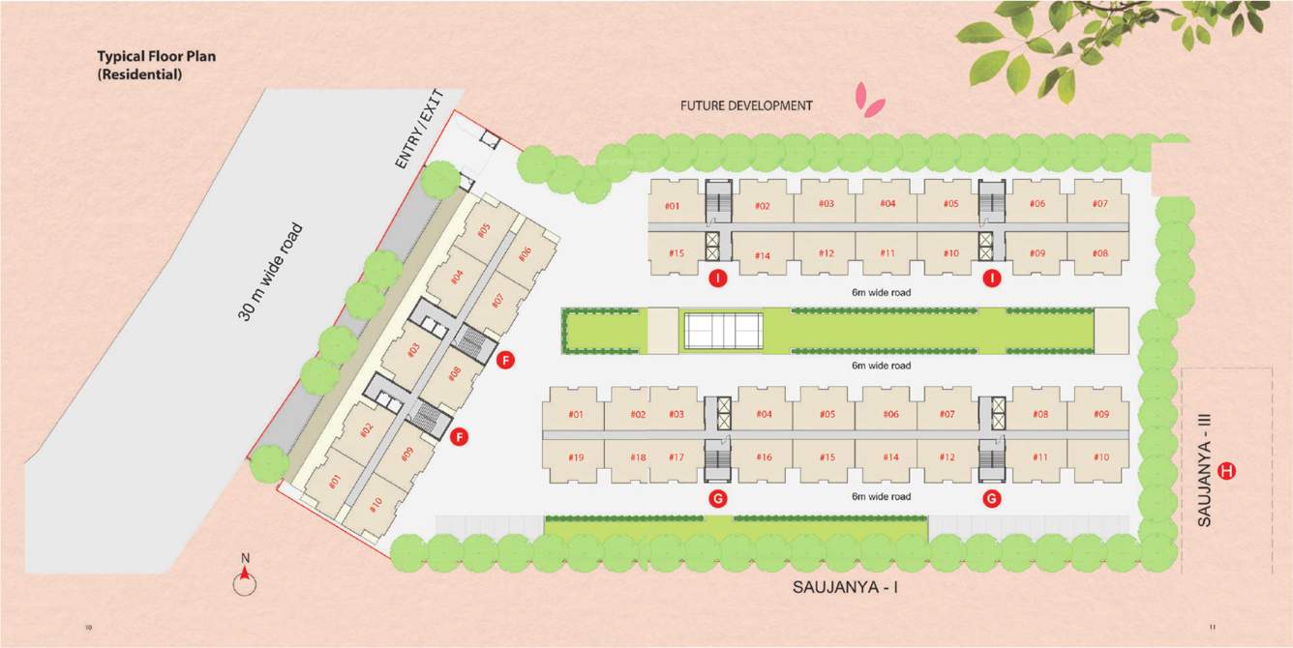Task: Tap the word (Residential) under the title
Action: click(139, 74)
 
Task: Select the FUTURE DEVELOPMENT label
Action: click(746, 105)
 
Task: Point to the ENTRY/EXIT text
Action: click(419, 131)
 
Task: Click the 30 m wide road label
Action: click(270, 272)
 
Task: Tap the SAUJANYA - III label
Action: click(1204, 470)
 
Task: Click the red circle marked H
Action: click(1227, 471)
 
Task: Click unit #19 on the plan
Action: click(576, 457)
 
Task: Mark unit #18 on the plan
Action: click(638, 457)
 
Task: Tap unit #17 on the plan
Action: click(676, 457)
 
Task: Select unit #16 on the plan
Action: click(765, 457)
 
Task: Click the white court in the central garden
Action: click(724, 331)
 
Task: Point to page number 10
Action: click(89, 628)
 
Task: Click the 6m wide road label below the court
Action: click(881, 366)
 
